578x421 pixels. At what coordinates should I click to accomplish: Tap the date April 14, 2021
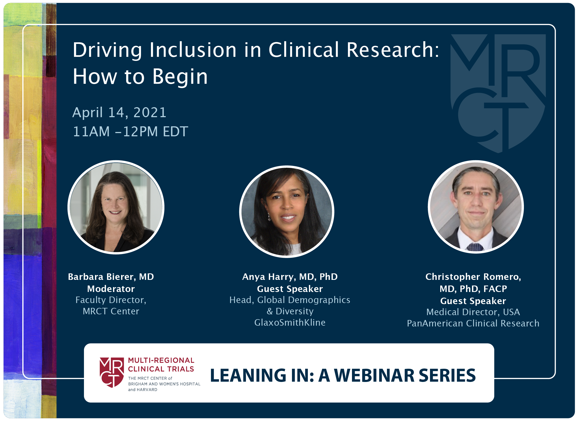[119, 112]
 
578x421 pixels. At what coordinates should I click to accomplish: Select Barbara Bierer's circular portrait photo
[116, 207]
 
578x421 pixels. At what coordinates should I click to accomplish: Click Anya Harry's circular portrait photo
[287, 212]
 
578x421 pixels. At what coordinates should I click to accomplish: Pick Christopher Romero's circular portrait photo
[475, 207]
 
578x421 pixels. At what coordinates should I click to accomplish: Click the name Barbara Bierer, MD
[111, 277]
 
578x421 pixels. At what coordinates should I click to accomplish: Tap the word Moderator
[111, 289]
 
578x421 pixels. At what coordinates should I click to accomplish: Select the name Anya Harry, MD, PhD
[290, 277]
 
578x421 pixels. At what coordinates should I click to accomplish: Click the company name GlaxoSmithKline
[290, 322]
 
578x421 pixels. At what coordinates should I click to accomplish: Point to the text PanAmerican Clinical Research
[473, 323]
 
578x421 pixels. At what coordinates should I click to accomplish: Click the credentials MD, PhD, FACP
[473, 289]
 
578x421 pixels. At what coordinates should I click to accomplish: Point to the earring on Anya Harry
[269, 217]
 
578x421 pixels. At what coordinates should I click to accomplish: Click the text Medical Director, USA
[473, 312]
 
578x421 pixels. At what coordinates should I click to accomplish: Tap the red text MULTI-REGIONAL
[161, 360]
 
